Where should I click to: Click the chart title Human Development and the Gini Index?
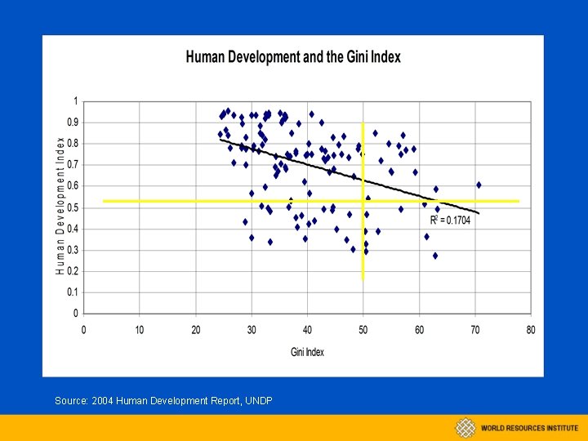[x=293, y=58]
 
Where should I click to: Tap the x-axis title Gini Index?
[x=307, y=352]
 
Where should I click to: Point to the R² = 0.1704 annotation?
[x=450, y=220]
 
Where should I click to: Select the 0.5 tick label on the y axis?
[x=73, y=207]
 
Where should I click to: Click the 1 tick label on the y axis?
[x=77, y=101]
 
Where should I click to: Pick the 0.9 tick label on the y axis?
[x=73, y=122]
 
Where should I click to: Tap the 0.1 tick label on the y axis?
[x=73, y=292]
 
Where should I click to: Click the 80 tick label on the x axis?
[x=531, y=330]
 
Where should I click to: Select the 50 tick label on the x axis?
[x=363, y=330]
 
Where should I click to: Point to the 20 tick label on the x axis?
[x=196, y=330]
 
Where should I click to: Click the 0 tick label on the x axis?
[x=84, y=330]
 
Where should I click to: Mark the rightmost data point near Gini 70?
[x=479, y=185]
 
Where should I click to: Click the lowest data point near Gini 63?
[x=435, y=256]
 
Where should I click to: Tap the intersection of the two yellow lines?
[x=363, y=201]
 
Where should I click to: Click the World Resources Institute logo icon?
[x=465, y=427]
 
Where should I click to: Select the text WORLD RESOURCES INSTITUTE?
[x=528, y=428]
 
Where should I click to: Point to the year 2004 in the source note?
[x=104, y=401]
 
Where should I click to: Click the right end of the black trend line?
[x=479, y=213]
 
